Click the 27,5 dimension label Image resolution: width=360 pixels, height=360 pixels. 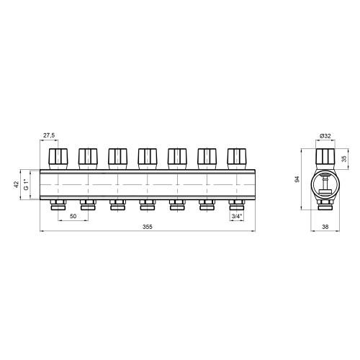[49, 135]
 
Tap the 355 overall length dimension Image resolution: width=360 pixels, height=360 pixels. [148, 227]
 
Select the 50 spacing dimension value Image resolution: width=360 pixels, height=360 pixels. [73, 216]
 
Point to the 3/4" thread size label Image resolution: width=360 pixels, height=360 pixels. [237, 216]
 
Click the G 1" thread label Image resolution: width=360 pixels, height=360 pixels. [26, 184]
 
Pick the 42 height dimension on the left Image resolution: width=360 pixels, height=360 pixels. [17, 184]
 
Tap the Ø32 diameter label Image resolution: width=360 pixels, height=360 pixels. [325, 136]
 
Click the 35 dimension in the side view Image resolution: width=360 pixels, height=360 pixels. [344, 159]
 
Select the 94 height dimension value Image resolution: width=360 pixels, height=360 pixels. [297, 179]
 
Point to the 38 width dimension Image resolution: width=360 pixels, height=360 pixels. [325, 227]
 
